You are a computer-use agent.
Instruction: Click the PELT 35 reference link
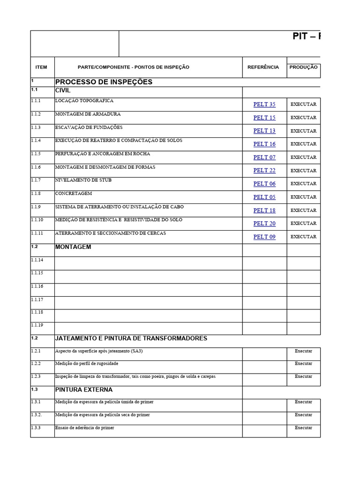point(264,105)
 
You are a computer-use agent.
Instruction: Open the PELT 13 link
point(264,131)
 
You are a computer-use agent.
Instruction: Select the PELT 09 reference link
point(264,237)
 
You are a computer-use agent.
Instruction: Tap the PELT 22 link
point(264,171)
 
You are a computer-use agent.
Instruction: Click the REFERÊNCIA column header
point(263,67)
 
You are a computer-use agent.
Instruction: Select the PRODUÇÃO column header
point(303,67)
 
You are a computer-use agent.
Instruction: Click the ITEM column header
point(41,67)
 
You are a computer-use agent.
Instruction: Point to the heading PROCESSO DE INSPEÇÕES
point(104,82)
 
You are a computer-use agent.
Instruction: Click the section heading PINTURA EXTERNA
point(83,390)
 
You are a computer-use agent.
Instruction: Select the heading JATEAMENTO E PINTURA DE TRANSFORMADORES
point(131,338)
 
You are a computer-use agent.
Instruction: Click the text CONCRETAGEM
point(74,193)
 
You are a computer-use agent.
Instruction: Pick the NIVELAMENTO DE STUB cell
point(83,180)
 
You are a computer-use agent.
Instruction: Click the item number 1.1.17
point(37,300)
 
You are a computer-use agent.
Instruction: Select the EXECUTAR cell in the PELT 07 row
point(303,157)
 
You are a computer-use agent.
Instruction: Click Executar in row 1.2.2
point(303,364)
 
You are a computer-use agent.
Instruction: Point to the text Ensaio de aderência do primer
point(84,427)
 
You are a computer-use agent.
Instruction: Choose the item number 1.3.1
point(36,402)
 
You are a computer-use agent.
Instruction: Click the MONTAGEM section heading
point(73,247)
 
